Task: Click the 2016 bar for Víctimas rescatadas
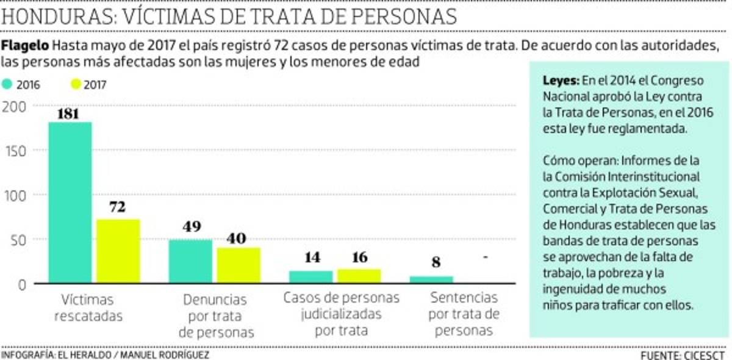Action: click(70, 203)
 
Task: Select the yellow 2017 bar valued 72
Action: click(118, 251)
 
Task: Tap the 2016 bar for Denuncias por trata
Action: click(190, 262)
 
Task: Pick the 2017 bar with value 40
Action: click(239, 265)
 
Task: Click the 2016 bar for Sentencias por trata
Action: click(431, 280)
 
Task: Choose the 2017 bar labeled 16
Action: click(359, 276)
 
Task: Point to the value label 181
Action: click(70, 114)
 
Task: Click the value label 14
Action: click(312, 257)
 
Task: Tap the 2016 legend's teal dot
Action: click(7, 85)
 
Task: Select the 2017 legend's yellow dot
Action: click(76, 85)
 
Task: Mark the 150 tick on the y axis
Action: click(16, 151)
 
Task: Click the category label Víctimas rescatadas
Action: click(87, 308)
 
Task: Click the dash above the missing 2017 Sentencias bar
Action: click(486, 258)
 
